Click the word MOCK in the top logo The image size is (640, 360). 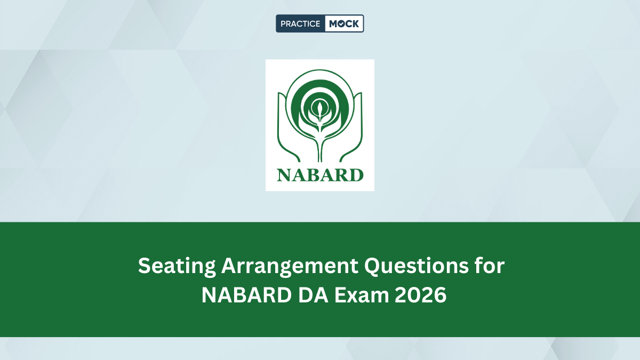(344, 23)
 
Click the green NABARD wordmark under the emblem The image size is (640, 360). (320, 175)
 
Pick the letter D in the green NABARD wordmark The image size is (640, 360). (356, 175)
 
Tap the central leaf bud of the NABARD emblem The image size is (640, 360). (319, 110)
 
